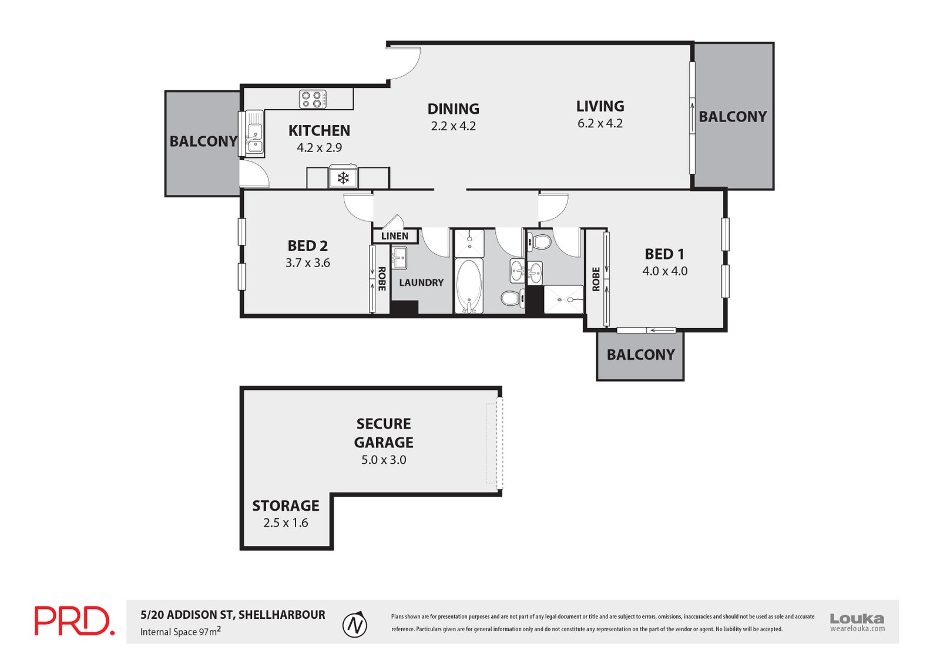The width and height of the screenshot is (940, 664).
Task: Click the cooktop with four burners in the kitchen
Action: pyautogui.click(x=312, y=99)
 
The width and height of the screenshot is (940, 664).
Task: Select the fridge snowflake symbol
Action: pyautogui.click(x=343, y=177)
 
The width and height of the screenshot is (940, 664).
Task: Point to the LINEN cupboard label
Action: pyautogui.click(x=395, y=236)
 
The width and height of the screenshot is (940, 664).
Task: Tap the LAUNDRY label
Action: pyautogui.click(x=421, y=282)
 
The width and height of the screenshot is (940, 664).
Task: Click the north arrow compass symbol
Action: pyautogui.click(x=355, y=625)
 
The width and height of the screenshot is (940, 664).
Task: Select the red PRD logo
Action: pyautogui.click(x=74, y=621)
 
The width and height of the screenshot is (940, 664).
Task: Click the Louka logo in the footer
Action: pyautogui.click(x=857, y=621)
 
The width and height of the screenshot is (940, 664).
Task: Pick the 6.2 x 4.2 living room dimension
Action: pyautogui.click(x=600, y=123)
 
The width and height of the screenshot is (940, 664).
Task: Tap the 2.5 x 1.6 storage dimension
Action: pyautogui.click(x=286, y=523)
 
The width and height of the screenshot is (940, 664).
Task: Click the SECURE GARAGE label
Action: pyautogui.click(x=384, y=433)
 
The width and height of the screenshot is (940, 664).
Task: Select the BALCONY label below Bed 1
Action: pyautogui.click(x=640, y=355)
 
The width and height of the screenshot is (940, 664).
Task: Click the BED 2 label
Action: pyautogui.click(x=307, y=246)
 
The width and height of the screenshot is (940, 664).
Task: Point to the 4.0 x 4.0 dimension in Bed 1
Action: pyautogui.click(x=664, y=271)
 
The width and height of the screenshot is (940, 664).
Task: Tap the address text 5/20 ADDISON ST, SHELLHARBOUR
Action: pyautogui.click(x=233, y=615)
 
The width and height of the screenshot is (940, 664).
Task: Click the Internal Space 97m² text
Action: pyautogui.click(x=180, y=632)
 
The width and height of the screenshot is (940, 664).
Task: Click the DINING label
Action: pyautogui.click(x=453, y=109)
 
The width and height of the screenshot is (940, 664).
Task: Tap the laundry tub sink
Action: pyautogui.click(x=399, y=258)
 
